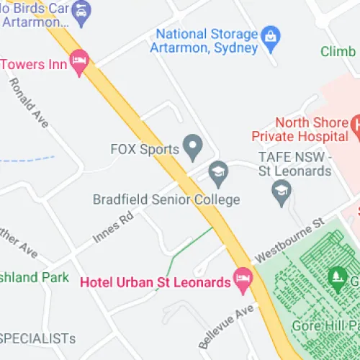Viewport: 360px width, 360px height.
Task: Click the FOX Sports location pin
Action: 192,148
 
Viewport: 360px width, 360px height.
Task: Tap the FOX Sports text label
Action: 144,150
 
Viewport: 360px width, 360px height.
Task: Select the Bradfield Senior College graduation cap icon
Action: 217,171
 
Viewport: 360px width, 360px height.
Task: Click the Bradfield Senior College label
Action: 166,199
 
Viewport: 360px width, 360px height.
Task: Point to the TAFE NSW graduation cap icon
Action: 281,192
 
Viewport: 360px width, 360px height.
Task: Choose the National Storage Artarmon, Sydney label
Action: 207,41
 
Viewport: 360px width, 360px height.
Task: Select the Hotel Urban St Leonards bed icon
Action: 243,279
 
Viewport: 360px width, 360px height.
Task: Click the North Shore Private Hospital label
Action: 300,129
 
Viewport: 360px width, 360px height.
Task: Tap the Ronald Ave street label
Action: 29,103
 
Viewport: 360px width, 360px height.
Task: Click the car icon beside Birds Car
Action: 80,10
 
